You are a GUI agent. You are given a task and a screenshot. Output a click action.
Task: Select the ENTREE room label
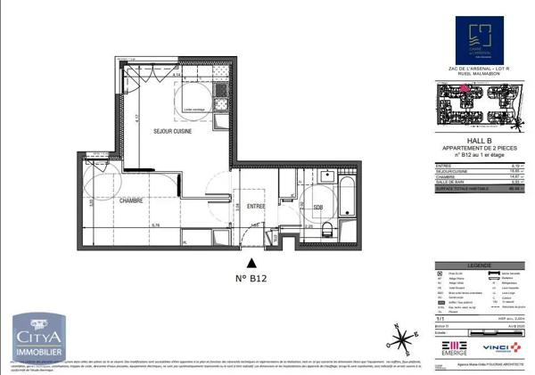pos(257,206)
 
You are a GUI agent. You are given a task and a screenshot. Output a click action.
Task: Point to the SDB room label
pos(318,208)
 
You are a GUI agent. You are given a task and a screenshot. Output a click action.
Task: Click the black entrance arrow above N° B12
pos(253,262)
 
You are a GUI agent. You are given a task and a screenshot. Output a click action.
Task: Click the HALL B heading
pos(478,141)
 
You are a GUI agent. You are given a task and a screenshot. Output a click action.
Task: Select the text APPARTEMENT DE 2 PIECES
pos(478,148)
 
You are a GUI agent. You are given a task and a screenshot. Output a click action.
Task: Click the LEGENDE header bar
pos(478,265)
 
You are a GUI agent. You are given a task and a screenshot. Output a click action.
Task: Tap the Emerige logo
pos(454,346)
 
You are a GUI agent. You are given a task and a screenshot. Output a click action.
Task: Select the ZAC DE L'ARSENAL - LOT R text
pos(478,68)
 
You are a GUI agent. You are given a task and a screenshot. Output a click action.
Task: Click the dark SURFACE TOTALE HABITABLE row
pos(478,188)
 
